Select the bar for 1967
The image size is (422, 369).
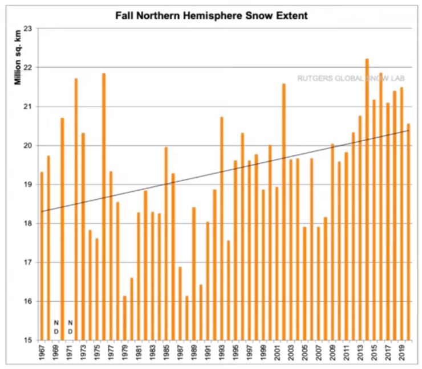(42, 256)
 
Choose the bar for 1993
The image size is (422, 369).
(221, 228)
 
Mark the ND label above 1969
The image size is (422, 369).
(56, 326)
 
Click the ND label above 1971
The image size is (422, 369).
(70, 326)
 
